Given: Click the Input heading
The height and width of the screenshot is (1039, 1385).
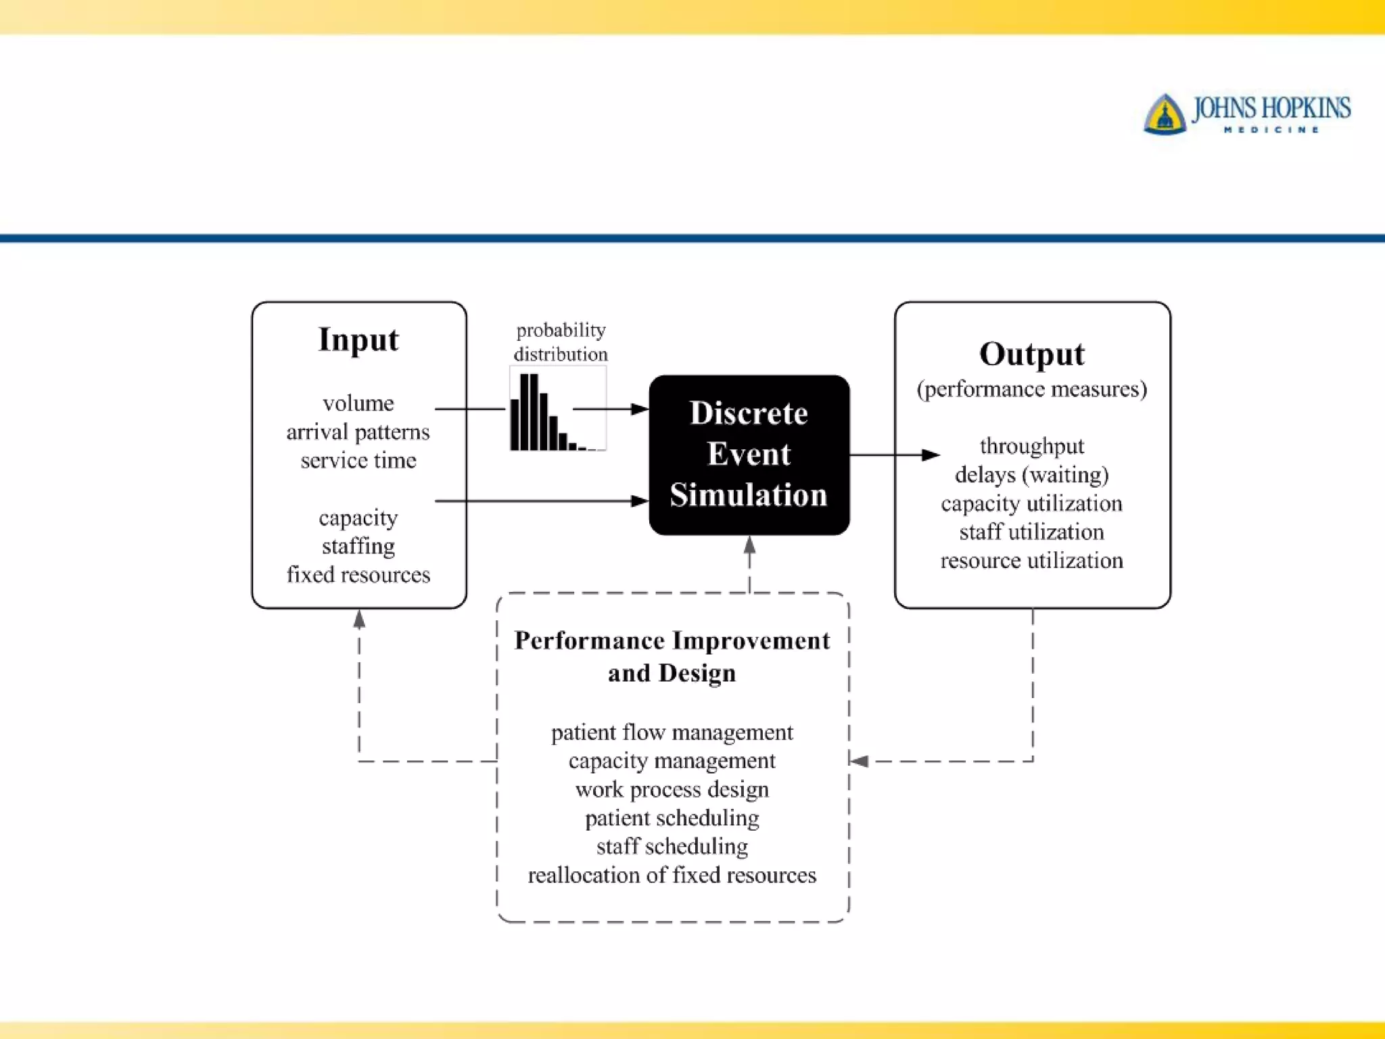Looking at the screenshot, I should tap(358, 340).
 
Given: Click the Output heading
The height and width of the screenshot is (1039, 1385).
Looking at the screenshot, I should tap(1031, 354).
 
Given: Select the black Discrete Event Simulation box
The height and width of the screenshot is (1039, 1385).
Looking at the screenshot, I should tap(749, 455).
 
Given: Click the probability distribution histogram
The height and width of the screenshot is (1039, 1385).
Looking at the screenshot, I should tap(557, 410).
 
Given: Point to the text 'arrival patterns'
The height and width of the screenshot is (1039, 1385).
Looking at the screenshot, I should tap(358, 432).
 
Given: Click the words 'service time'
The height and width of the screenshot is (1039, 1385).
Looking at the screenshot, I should tap(358, 461).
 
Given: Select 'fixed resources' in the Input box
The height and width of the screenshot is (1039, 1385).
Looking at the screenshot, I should tap(358, 574).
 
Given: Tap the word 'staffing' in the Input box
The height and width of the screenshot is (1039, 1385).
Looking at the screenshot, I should tap(358, 546).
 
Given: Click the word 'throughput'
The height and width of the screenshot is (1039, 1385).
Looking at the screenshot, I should tap(1031, 446).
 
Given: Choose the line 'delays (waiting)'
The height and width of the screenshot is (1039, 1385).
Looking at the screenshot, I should tap(1031, 475).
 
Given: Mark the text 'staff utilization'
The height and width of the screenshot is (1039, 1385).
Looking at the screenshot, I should tap(1031, 532).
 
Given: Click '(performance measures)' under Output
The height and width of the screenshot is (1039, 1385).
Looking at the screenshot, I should tap(1031, 389).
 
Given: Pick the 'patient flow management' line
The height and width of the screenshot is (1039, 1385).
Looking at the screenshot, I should tap(672, 733).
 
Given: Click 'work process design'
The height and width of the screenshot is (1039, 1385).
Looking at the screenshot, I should tap(672, 789).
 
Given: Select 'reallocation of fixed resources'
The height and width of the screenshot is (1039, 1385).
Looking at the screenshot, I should tap(672, 875).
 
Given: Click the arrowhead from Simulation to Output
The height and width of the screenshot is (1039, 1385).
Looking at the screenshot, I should tap(931, 455).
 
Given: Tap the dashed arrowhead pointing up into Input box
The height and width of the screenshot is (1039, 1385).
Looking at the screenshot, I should tap(359, 618).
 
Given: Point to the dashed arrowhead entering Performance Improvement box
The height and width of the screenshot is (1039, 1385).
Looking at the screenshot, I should tap(860, 761).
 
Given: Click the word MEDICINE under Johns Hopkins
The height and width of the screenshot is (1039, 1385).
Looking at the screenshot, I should tap(1271, 130).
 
